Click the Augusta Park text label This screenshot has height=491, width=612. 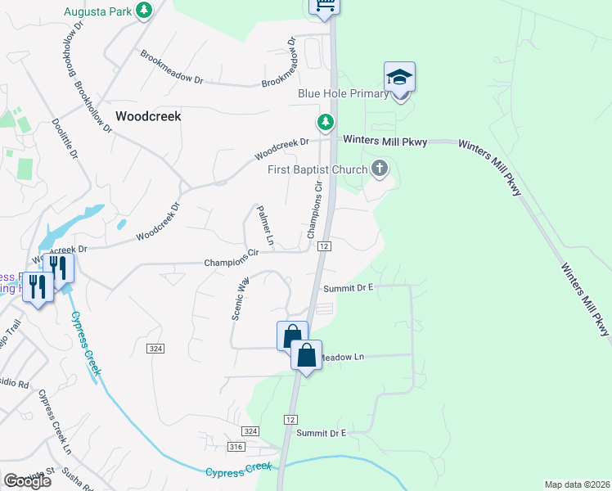[98, 12]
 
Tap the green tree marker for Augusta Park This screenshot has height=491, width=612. [144, 11]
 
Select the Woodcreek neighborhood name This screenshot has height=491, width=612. [148, 116]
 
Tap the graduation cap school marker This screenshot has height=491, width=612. [399, 78]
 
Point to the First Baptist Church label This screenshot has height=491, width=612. [318, 170]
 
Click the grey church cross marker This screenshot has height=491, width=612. [379, 169]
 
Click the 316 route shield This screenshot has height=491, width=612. [236, 446]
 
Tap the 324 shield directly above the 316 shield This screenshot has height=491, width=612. [250, 431]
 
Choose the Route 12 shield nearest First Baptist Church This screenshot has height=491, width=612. [325, 246]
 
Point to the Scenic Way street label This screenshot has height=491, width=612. [241, 299]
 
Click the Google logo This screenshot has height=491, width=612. [27, 480]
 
